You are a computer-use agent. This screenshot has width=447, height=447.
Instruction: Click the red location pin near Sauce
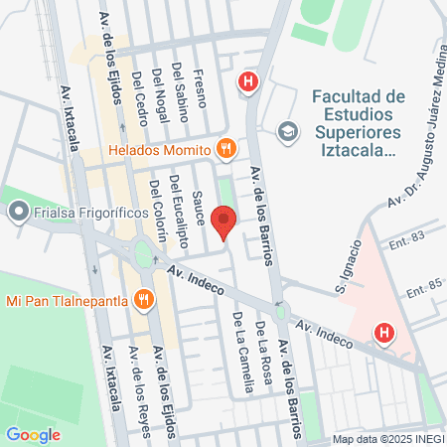(225, 218)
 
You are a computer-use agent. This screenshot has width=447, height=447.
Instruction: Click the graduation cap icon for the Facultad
(287, 130)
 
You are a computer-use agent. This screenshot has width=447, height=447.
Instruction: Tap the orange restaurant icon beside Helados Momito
(225, 149)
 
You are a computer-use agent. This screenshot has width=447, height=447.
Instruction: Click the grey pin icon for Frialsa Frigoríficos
(18, 211)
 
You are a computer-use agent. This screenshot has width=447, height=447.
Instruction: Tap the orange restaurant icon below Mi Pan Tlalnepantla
(145, 298)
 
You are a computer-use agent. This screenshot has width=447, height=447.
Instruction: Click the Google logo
(33, 434)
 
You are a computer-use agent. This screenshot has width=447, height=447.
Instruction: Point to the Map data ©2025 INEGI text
(385, 438)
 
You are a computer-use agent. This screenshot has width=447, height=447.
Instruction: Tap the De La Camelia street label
(238, 337)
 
